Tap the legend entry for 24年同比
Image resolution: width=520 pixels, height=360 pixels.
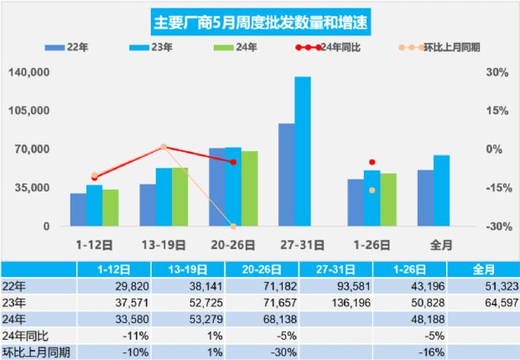pyautogui.click(x=340, y=46)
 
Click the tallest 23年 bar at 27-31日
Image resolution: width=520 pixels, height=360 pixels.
pyautogui.click(x=303, y=151)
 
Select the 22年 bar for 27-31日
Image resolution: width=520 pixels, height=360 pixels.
pyautogui.click(x=287, y=175)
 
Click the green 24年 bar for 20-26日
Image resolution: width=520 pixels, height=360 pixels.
pyautogui.click(x=249, y=189)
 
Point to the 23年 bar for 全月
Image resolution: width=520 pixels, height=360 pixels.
pyautogui.click(x=441, y=190)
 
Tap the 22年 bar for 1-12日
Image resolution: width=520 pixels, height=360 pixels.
pyautogui.click(x=78, y=210)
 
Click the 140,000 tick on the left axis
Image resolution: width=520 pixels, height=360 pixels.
pyautogui.click(x=27, y=73)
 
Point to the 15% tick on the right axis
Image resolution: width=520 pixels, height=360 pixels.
pyautogui.click(x=497, y=111)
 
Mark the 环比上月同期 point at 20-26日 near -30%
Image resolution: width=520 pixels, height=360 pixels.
pyautogui.click(x=233, y=226)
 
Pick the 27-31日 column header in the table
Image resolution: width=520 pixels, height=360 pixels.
pyautogui.click(x=335, y=269)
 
